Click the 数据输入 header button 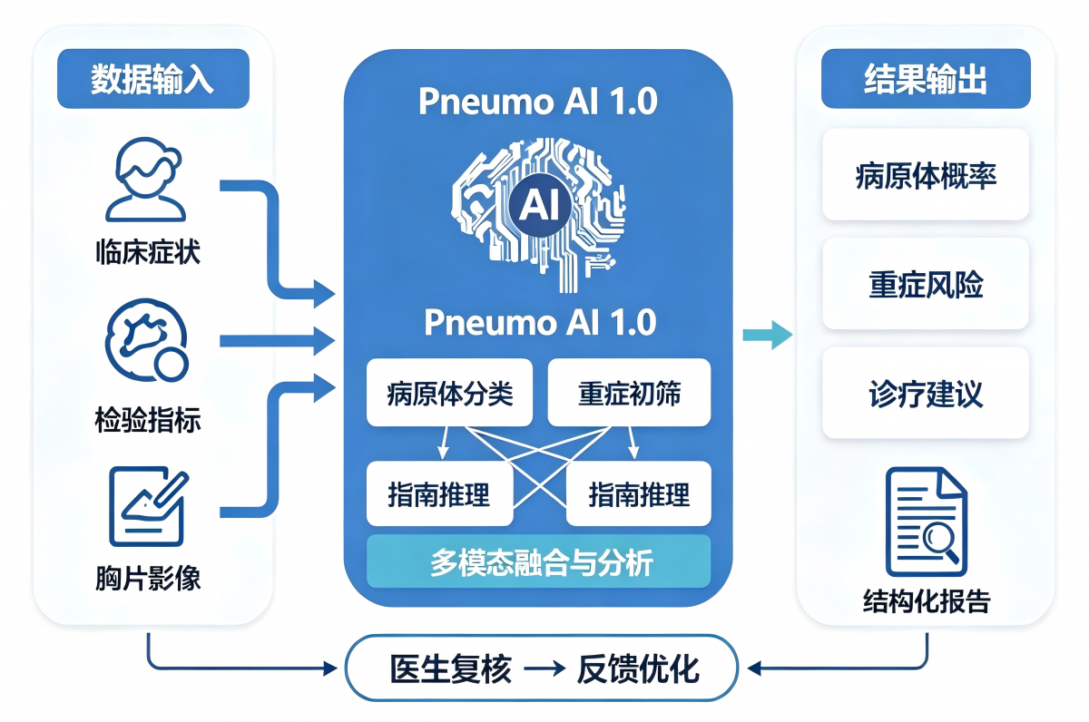[x=153, y=79]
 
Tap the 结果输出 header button [x=926, y=79]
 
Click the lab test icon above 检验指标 [x=147, y=340]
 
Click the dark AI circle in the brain [x=540, y=205]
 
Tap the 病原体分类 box [x=450, y=393]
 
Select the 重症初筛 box [x=629, y=393]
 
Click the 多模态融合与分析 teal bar [x=539, y=561]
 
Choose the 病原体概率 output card [x=926, y=175]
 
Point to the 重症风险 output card [x=926, y=284]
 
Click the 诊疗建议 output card [x=926, y=393]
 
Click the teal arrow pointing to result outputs [x=768, y=335]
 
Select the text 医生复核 [x=451, y=669]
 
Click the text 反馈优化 [x=638, y=669]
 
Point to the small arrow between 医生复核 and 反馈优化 [x=544, y=669]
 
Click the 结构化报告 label [x=927, y=601]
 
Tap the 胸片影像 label [x=148, y=578]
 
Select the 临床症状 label [x=148, y=251]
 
